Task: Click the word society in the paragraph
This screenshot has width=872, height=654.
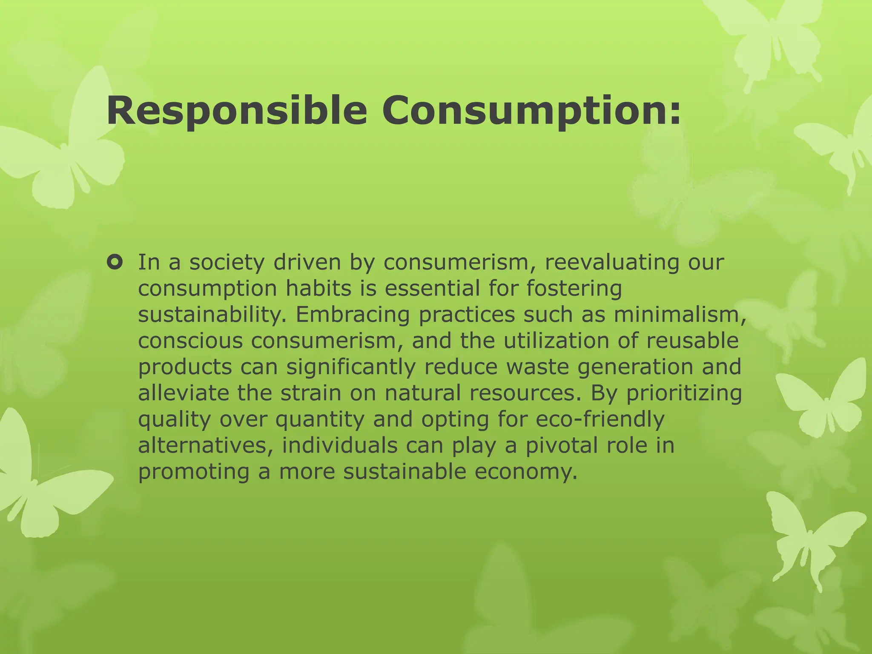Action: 227,263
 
